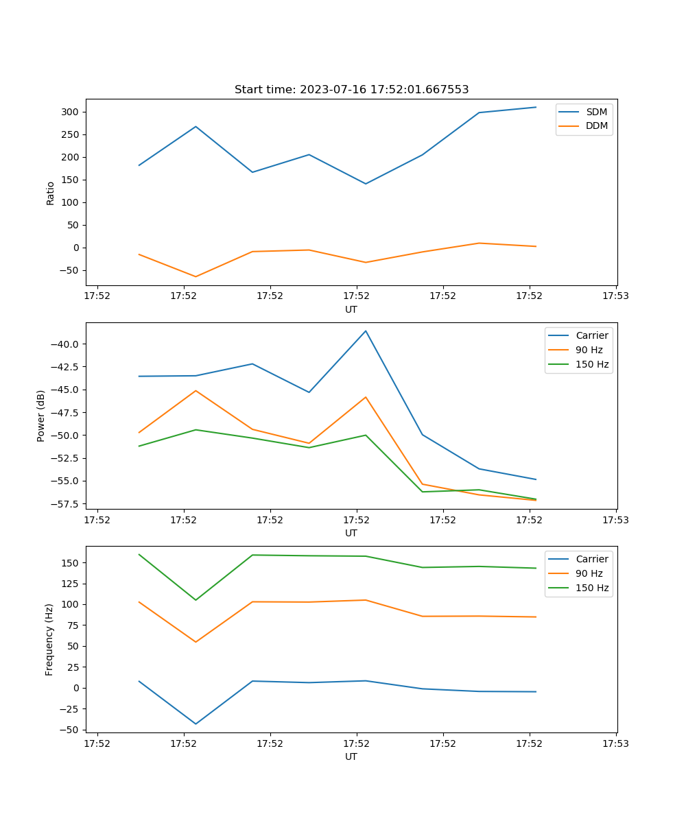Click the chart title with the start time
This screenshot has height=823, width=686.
pos(351,90)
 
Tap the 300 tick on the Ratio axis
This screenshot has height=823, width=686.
pos(71,112)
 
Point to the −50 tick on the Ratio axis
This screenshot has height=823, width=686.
pos(71,270)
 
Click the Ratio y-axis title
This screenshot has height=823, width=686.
pos(50,192)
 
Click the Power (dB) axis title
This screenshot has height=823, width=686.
pos(41,416)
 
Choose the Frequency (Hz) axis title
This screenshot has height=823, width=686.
pos(49,639)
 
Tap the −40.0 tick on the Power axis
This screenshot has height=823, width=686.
pos(66,344)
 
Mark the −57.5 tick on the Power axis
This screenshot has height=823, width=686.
pos(66,504)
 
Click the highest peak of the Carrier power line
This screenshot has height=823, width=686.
pos(366,331)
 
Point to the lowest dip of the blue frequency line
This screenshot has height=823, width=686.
pos(196,724)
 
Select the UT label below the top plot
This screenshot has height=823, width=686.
pos(351,309)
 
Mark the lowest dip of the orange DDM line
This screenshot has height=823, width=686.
pos(196,276)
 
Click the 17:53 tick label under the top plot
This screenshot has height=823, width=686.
pos(616,296)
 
